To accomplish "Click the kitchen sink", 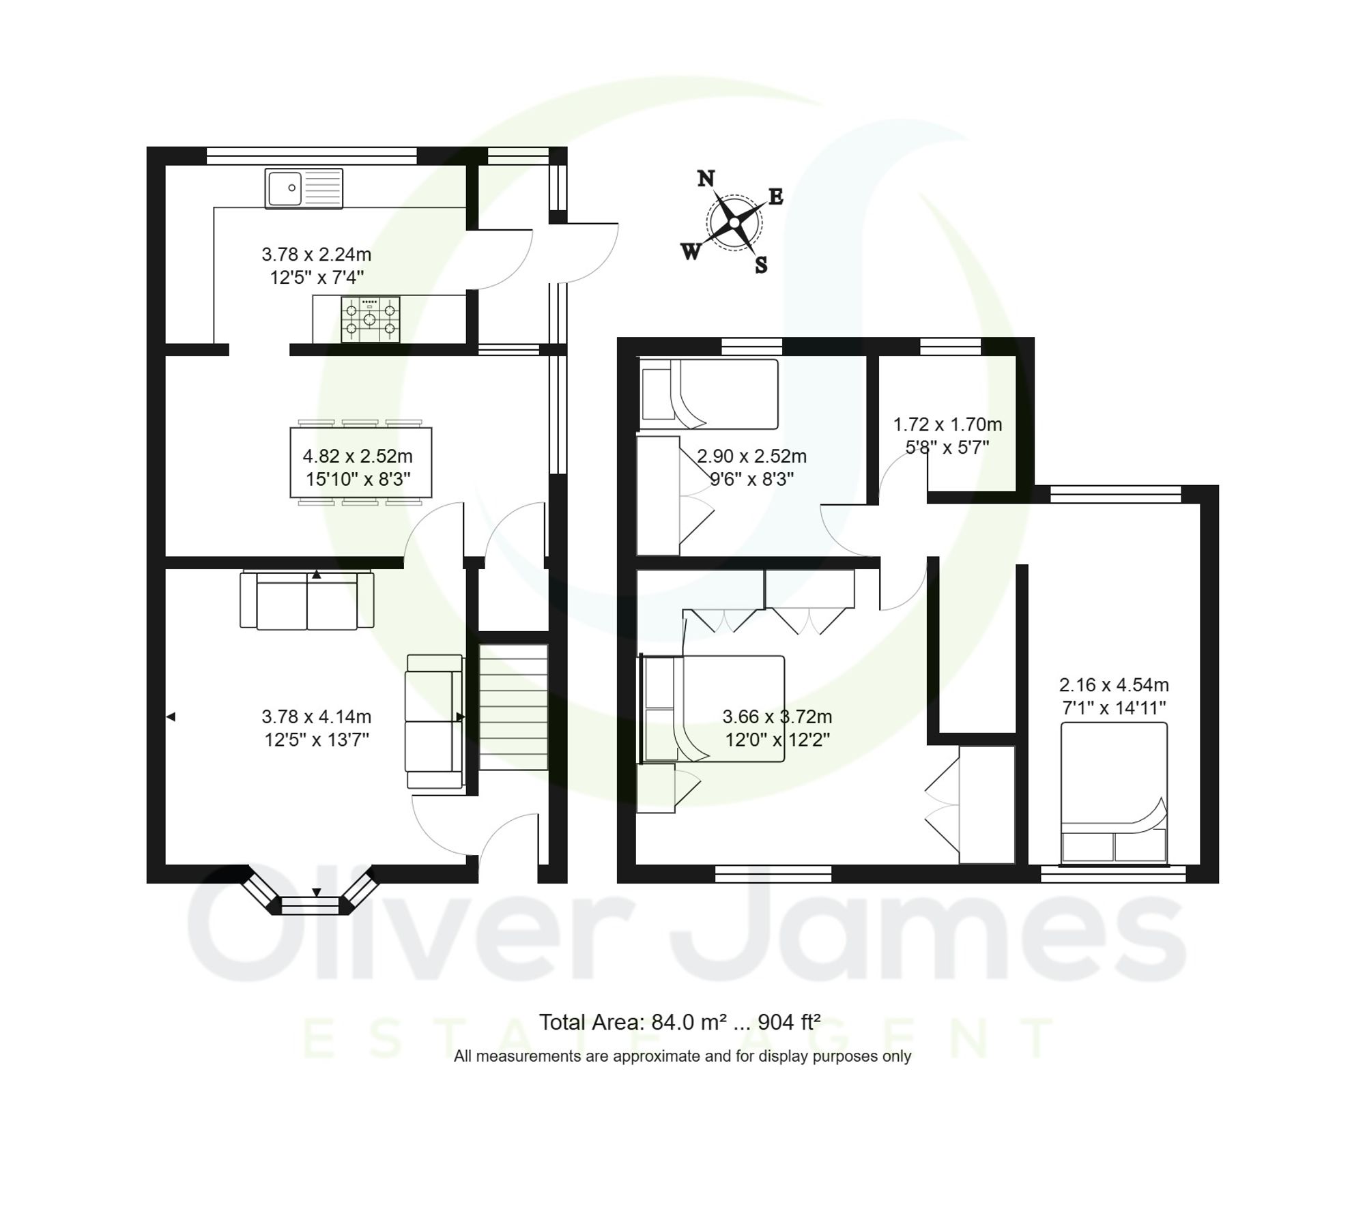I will pos(304,188).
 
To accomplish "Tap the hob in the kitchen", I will pos(370,319).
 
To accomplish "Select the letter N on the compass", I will pos(706,179).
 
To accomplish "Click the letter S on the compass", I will pos(761,265).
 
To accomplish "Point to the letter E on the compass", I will pos(776,197).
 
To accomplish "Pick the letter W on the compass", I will pos(691,252).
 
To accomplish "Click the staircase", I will pos(513,707).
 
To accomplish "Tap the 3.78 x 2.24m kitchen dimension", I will pos(317,255).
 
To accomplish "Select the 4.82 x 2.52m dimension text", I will pos(358,456).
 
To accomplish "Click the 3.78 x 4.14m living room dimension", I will pos(317,716).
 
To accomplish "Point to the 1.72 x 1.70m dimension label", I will pos(947,424).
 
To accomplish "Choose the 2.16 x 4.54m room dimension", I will pos(1114,684).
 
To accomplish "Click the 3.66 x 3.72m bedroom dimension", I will pos(777,716).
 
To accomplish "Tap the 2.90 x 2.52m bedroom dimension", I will pos(751,456).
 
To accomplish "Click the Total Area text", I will pos(680,1022).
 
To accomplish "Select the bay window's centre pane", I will pos(310,905).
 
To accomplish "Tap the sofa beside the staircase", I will pos(434,722).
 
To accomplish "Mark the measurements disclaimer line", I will pos(682,1056).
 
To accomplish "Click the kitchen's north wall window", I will pos(311,156).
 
